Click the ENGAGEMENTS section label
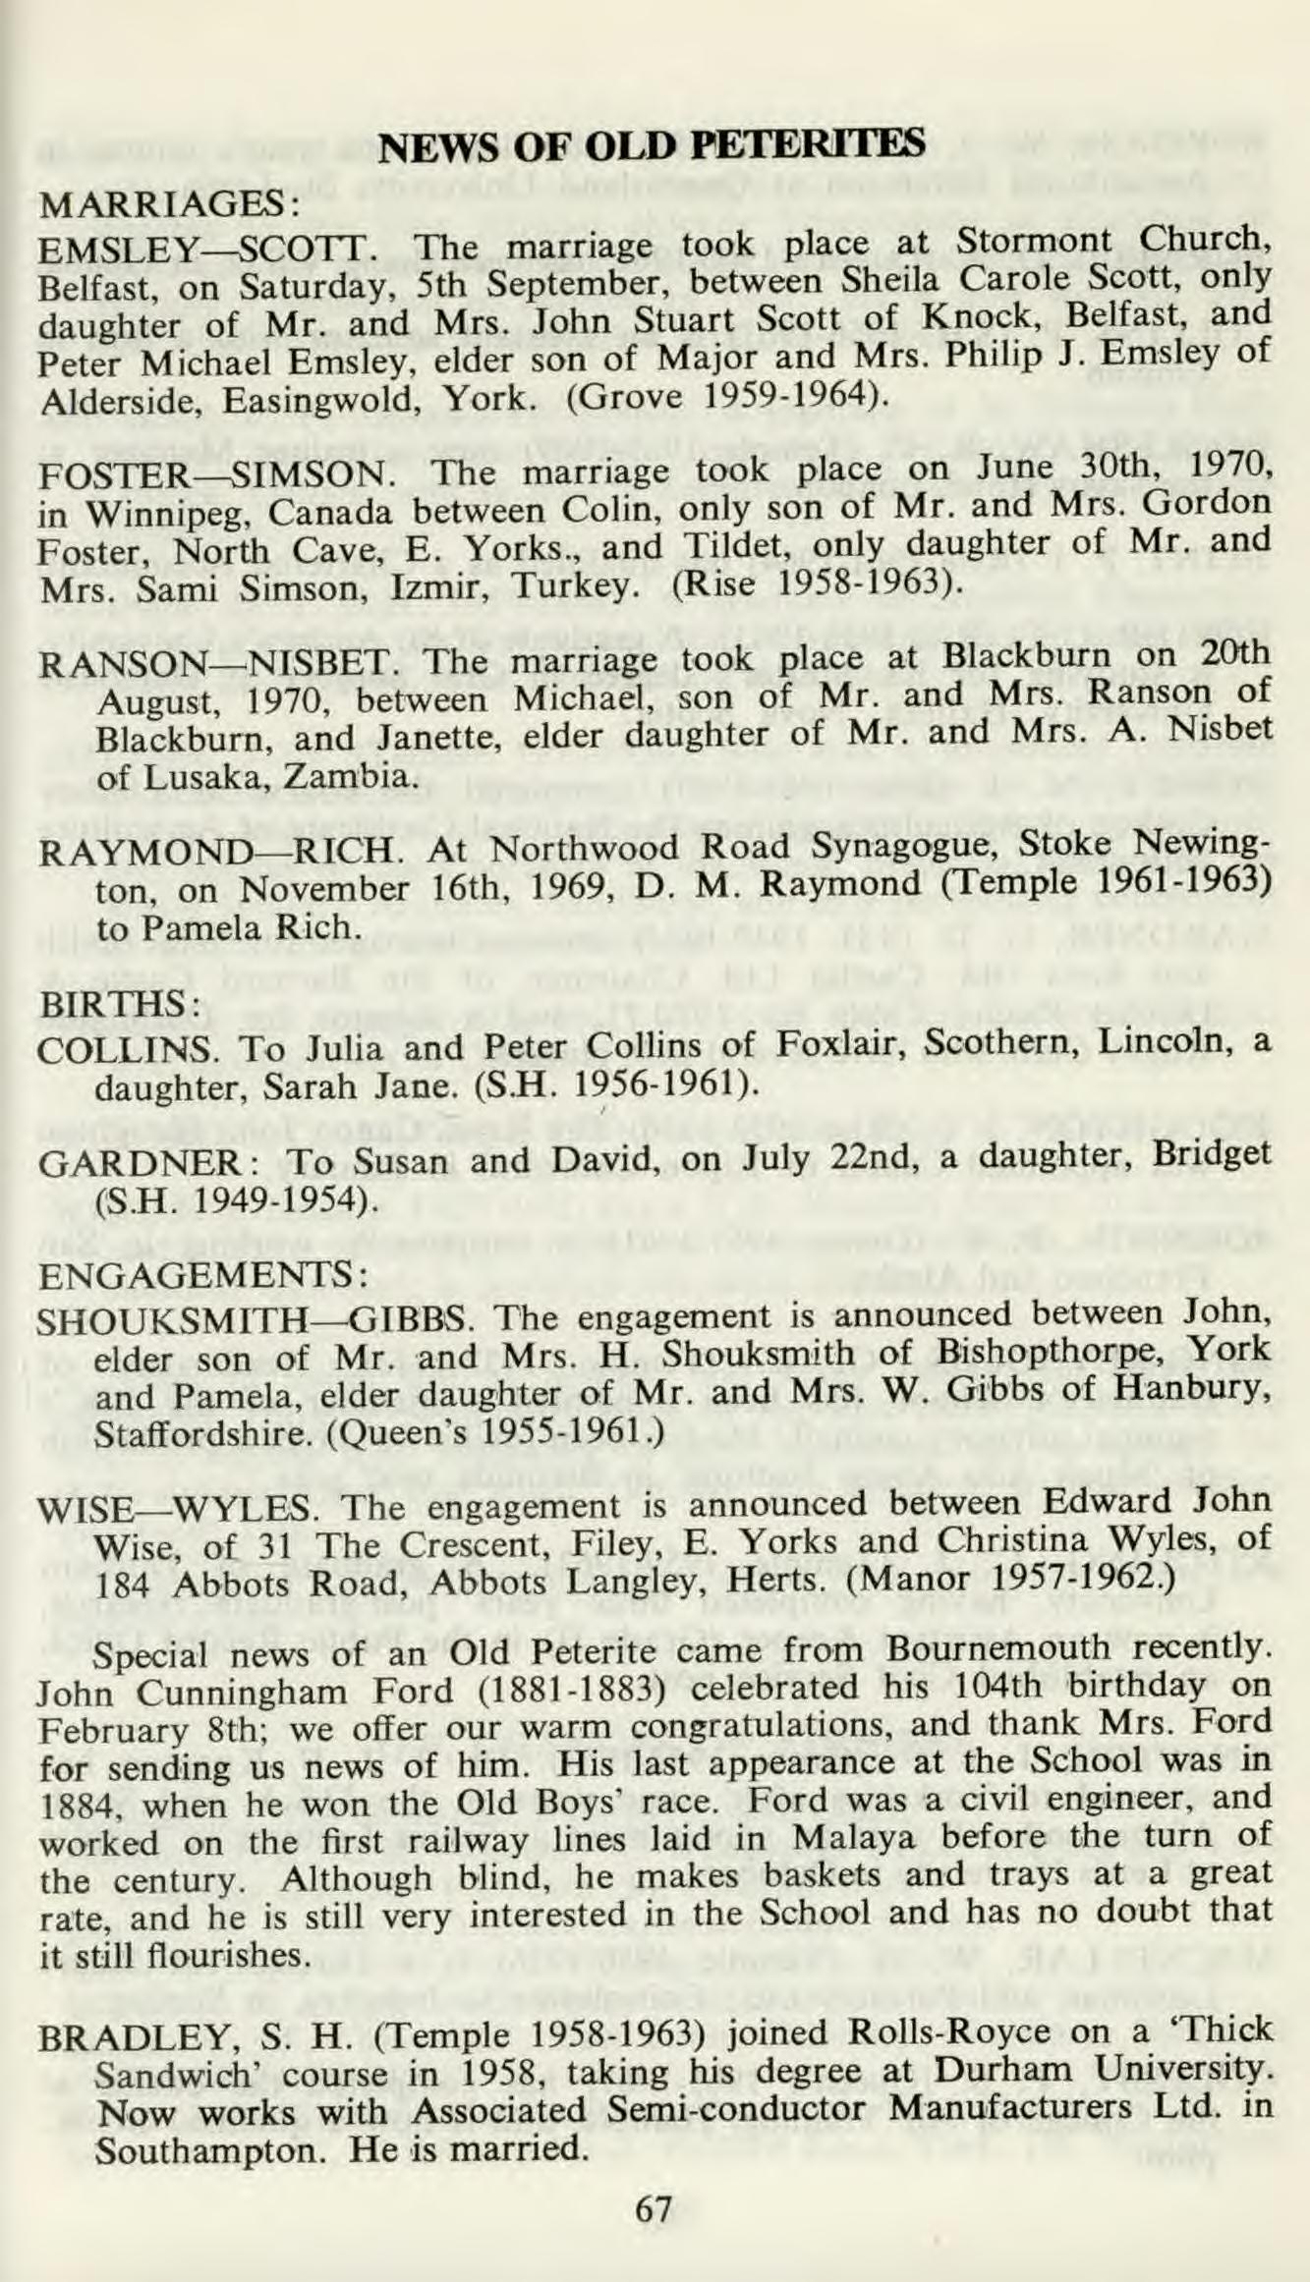point(202,1276)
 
